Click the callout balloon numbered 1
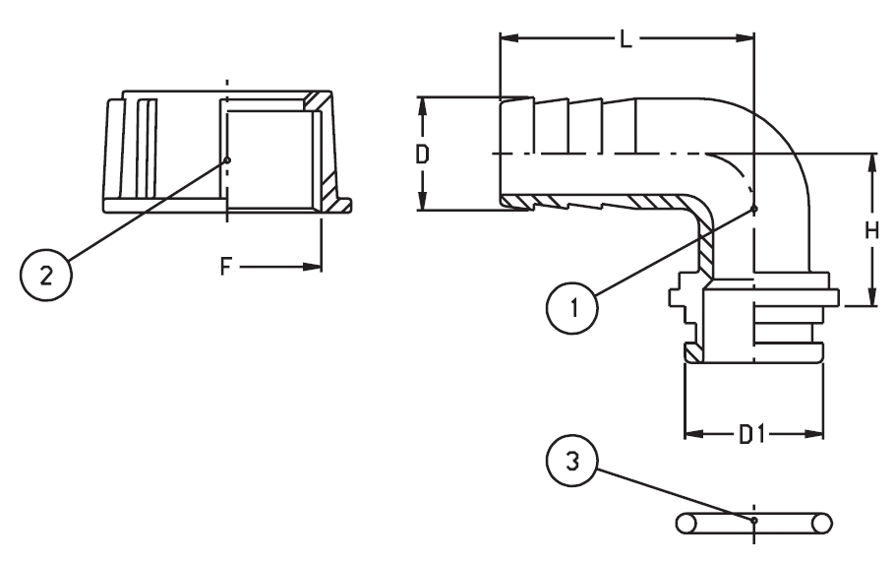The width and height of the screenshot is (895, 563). (x=572, y=308)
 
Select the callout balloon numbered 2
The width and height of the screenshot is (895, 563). (x=46, y=276)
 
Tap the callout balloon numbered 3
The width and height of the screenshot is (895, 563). (x=572, y=461)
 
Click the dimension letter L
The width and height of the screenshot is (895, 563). (x=626, y=38)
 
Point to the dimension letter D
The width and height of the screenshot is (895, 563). (x=422, y=155)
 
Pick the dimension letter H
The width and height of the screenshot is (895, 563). (x=871, y=230)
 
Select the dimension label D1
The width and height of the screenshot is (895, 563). (x=751, y=434)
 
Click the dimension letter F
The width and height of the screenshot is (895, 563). (x=226, y=266)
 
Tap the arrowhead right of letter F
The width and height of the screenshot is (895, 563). (x=312, y=266)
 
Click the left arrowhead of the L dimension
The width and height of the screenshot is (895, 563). (x=509, y=38)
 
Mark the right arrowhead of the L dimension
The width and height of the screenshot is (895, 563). (x=745, y=38)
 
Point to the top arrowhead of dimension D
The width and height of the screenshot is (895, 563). (x=422, y=106)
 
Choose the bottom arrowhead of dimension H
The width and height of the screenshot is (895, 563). (x=871, y=297)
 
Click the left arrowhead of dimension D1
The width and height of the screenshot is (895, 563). (x=693, y=434)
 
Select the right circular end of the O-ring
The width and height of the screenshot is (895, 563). (x=822, y=524)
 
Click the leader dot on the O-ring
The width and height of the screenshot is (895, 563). (x=754, y=520)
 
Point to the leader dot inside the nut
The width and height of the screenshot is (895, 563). (x=227, y=159)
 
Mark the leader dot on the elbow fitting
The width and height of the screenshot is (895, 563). (x=754, y=209)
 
